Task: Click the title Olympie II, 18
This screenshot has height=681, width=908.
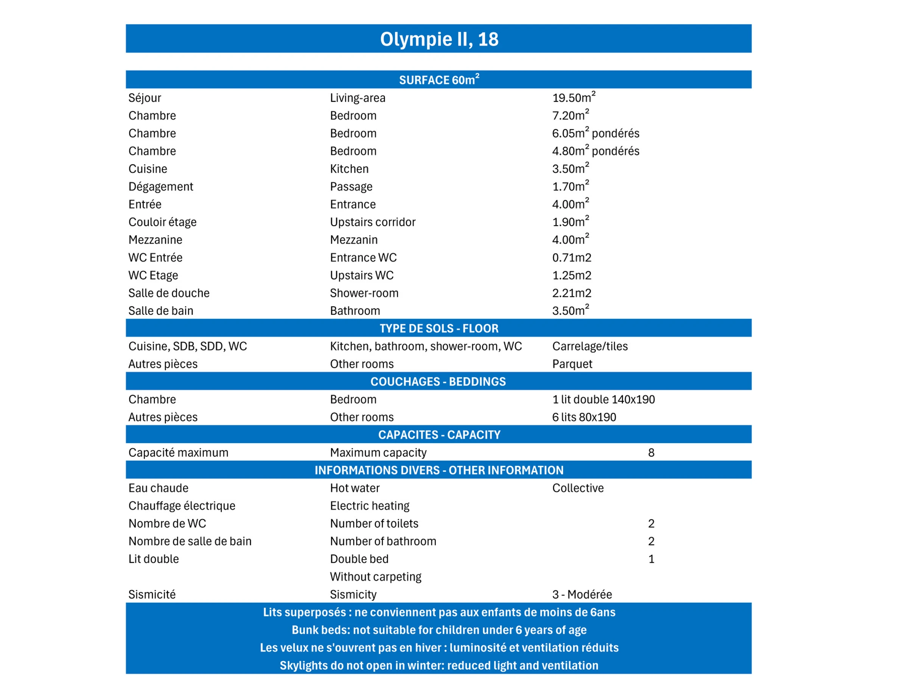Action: [439, 39]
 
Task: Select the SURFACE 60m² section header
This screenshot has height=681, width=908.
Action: [439, 79]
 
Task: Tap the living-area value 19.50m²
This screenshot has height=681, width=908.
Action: [574, 98]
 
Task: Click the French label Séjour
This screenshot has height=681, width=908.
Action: [145, 98]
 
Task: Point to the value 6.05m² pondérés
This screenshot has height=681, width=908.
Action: [595, 133]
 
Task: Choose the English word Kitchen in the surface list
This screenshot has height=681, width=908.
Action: [349, 169]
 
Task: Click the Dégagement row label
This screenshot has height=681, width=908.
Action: [160, 187]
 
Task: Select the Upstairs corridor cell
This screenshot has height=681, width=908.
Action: [372, 222]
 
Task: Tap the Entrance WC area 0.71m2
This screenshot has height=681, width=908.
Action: [571, 257]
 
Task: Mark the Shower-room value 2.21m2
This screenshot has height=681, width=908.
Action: [571, 293]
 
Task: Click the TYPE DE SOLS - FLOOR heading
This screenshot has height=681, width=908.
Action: [439, 328]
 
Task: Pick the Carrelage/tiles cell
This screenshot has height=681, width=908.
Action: [589, 346]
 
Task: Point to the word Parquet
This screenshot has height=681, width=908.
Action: [572, 364]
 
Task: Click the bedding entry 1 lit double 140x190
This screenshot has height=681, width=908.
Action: [603, 400]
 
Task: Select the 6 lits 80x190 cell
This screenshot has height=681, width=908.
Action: [584, 417]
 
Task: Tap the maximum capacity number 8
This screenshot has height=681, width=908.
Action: [651, 452]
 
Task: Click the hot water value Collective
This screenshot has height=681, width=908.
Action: [578, 488]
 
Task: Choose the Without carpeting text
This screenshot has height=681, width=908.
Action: [375, 577]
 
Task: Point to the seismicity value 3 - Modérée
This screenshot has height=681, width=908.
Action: [581, 594]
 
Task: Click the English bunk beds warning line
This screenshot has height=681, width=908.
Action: [439, 630]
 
